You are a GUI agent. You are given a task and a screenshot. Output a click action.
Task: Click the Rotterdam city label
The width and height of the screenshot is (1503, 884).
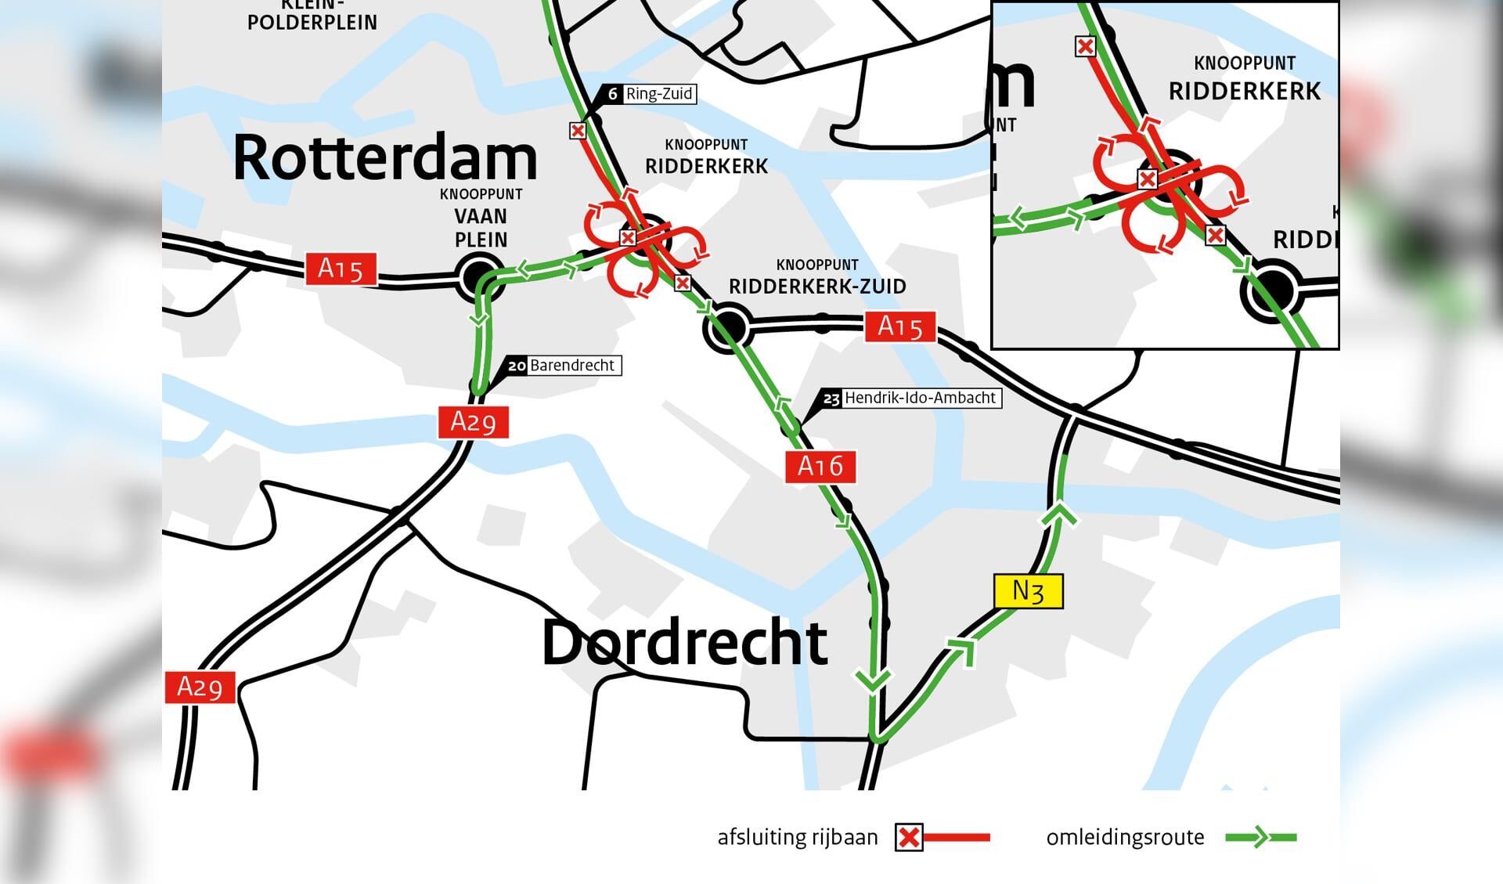(385, 157)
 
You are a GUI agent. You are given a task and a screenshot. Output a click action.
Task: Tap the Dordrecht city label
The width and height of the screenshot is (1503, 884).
(684, 642)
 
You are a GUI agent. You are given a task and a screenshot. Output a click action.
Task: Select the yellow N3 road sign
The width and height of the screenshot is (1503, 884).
(1028, 591)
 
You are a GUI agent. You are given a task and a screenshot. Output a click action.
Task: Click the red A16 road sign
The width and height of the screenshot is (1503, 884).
(820, 467)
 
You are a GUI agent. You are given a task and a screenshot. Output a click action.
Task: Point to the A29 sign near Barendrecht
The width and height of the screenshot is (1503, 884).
(473, 422)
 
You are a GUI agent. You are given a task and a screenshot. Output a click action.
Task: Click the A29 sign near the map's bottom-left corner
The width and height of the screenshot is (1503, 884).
(200, 687)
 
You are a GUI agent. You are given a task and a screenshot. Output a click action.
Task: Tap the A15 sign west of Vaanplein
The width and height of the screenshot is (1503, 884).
(341, 269)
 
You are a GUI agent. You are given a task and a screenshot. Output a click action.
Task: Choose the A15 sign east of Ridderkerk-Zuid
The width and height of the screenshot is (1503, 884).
(899, 327)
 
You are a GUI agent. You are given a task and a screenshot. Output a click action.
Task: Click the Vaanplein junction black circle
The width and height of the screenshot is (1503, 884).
(479, 276)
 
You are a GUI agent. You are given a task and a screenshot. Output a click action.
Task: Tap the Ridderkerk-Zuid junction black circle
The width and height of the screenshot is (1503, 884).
(727, 327)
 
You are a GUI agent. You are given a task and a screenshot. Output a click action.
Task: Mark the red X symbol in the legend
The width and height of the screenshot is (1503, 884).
(909, 837)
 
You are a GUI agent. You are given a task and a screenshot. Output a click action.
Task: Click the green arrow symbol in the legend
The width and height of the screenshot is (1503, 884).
(1258, 837)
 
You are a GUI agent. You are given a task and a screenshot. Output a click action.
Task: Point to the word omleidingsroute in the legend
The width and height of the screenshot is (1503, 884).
(1125, 837)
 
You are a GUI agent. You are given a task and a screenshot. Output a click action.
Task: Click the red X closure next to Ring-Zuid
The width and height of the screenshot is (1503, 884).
(578, 131)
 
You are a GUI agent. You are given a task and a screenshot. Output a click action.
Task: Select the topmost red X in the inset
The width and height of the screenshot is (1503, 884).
(1085, 47)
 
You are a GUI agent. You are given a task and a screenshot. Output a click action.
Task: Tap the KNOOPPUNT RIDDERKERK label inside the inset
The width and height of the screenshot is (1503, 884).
(1244, 79)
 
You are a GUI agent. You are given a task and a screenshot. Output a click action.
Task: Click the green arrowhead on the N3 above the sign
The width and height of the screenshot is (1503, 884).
(1058, 514)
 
